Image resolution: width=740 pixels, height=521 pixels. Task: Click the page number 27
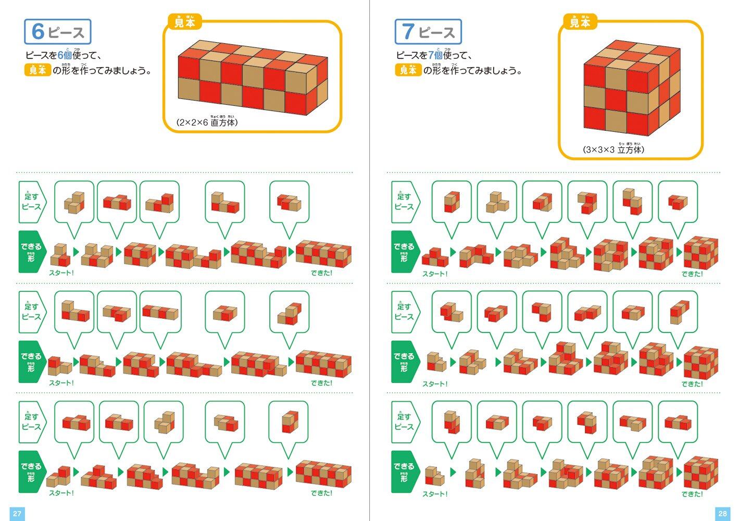17,513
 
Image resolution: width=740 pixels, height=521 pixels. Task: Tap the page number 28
722,513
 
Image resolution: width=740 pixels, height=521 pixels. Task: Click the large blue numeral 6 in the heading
38,31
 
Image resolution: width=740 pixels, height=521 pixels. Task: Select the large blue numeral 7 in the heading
408,31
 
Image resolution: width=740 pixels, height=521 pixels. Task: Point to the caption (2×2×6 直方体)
207,122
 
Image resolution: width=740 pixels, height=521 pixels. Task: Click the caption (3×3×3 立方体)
613,149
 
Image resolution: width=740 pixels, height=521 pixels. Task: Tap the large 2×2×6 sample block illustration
253,78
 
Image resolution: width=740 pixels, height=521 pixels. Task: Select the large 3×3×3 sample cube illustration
632,88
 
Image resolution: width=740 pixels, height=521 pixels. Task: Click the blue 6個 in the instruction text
65,55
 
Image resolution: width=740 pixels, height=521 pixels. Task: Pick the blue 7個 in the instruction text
435,55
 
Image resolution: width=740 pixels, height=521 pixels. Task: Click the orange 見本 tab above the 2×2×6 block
185,22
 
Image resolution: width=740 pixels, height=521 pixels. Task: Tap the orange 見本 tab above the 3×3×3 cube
580,22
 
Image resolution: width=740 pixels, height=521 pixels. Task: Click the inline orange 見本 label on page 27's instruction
37,70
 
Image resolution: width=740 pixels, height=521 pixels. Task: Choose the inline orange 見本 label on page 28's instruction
408,70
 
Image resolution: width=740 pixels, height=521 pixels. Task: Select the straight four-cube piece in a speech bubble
160,312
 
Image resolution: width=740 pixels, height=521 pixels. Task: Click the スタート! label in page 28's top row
435,274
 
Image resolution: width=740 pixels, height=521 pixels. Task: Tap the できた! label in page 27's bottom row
321,493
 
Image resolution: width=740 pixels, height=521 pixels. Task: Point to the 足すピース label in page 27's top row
32,202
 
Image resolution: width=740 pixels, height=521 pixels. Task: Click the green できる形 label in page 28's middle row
404,362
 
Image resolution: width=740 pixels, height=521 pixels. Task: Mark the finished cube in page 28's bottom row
701,473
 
